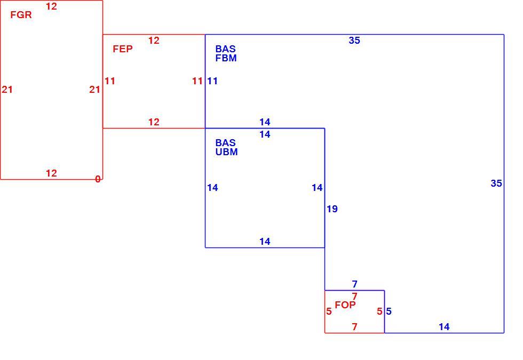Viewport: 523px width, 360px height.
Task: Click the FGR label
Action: click(x=21, y=15)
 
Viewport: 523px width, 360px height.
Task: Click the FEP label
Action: click(x=123, y=49)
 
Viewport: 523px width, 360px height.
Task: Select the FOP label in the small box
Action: click(x=345, y=305)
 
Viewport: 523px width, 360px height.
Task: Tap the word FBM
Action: click(x=226, y=58)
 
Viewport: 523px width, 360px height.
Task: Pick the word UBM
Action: click(x=226, y=152)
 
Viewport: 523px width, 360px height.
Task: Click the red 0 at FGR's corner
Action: click(x=98, y=179)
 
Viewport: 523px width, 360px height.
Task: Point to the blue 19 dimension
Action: click(x=332, y=209)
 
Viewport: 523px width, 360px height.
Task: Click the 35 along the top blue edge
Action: click(x=354, y=41)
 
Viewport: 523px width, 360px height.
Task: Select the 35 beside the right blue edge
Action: click(x=496, y=183)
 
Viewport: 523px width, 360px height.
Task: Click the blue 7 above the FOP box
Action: click(x=354, y=284)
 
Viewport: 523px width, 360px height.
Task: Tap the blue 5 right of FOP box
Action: click(x=389, y=311)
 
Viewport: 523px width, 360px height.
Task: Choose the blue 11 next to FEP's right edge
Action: click(x=212, y=81)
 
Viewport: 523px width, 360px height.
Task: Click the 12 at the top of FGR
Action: click(x=51, y=6)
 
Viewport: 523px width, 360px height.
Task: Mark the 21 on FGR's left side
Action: click(x=7, y=90)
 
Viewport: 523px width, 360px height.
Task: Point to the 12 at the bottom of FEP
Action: click(x=154, y=122)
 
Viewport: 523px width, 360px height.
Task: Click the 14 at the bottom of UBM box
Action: click(x=265, y=241)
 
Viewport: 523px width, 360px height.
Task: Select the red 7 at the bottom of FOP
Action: click(x=354, y=327)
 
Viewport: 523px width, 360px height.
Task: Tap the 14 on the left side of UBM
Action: click(x=212, y=188)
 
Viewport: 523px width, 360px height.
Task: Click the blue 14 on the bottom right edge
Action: click(x=444, y=327)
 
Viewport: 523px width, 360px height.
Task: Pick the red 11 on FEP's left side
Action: click(x=110, y=81)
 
